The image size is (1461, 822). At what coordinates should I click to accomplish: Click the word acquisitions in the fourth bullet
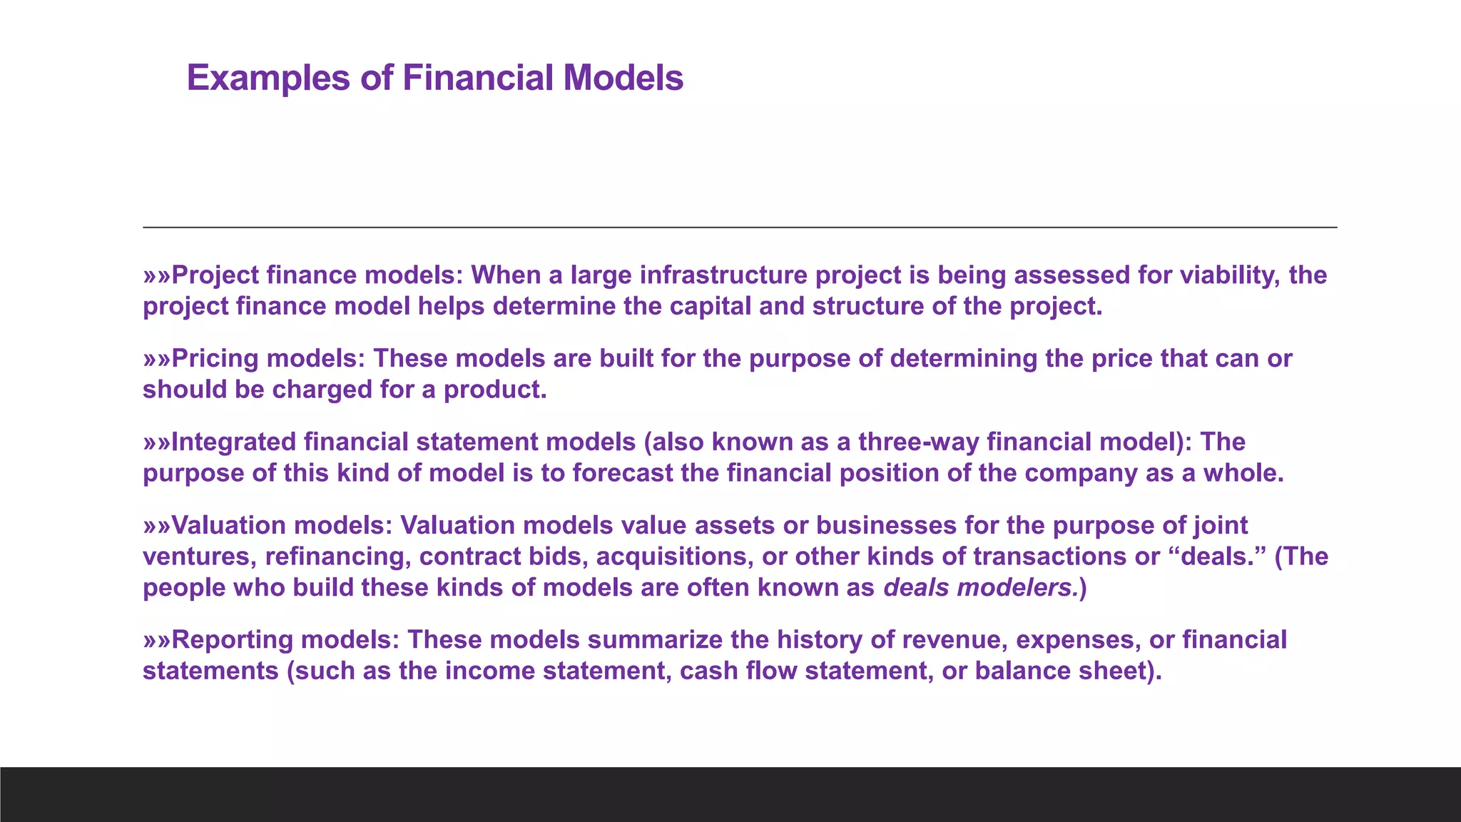674,557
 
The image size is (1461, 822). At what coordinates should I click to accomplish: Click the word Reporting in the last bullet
233,640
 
